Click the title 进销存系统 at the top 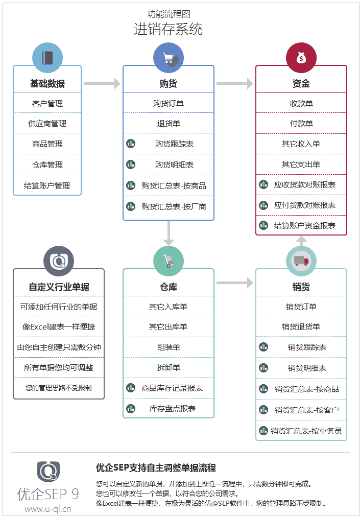[168, 29]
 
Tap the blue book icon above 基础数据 [47, 58]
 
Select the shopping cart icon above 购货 [169, 58]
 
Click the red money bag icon [301, 58]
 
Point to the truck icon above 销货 [301, 261]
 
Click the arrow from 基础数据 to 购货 [102, 83]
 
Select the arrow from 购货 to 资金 [234, 83]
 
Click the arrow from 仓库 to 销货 [234, 283]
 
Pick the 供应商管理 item [47, 124]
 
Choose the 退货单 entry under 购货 [169, 124]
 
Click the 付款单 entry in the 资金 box [301, 124]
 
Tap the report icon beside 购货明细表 [131, 165]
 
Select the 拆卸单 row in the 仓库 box [169, 368]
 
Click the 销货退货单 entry [301, 327]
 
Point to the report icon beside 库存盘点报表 [131, 408]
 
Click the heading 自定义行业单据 [59, 287]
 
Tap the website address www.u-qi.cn [48, 509]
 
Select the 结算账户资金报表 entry [305, 225]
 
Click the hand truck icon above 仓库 [169, 261]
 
